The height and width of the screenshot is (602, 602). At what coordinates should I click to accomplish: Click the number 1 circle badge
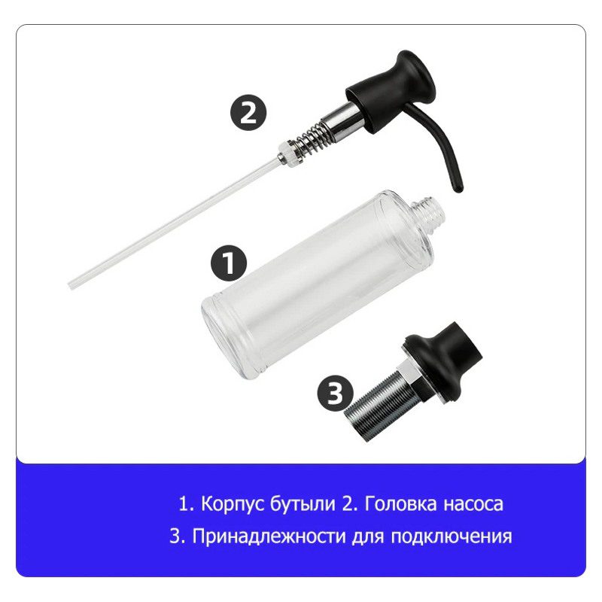pyautogui.click(x=230, y=263)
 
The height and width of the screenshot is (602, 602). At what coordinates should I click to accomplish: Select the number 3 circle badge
pyautogui.click(x=335, y=393)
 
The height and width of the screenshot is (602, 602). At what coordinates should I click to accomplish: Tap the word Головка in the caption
pyautogui.click(x=400, y=503)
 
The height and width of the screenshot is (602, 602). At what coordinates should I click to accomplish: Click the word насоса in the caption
pyautogui.click(x=473, y=504)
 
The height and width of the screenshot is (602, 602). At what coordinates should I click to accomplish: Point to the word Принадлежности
pyautogui.click(x=269, y=537)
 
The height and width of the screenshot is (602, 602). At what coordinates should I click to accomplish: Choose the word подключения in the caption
pyautogui.click(x=451, y=537)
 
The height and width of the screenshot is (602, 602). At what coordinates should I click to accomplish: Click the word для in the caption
pyautogui.click(x=368, y=537)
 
